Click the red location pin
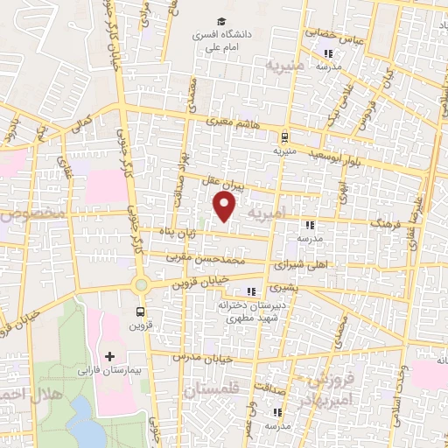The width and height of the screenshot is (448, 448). tap(225, 206)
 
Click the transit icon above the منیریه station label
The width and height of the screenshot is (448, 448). tap(284, 136)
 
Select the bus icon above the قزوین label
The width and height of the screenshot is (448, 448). tap(141, 311)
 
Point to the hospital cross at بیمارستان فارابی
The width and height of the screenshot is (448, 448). tap(109, 356)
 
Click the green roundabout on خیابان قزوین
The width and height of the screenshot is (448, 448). tap(140, 285)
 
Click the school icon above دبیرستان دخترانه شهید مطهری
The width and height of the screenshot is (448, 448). tap(252, 292)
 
